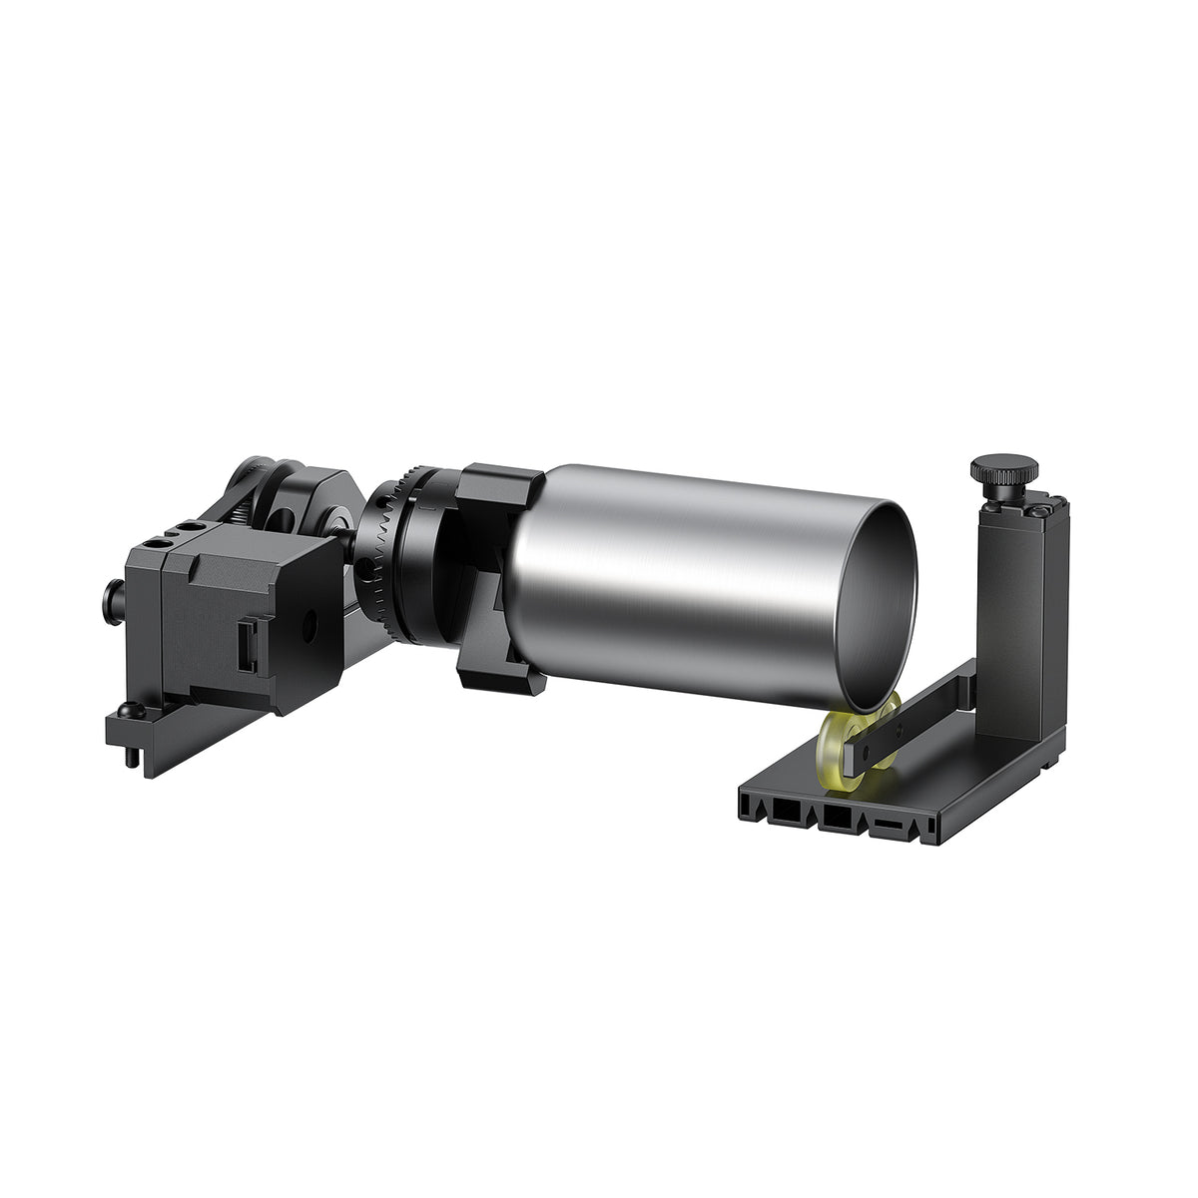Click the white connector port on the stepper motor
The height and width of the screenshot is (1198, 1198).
coord(247,648)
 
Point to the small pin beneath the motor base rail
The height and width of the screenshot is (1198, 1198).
coord(133,759)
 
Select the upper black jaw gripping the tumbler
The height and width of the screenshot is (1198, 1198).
coord(499,489)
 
